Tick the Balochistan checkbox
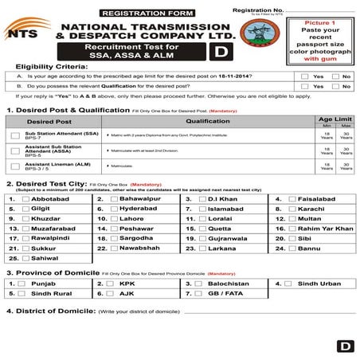pyautogui.click(x=202, y=283)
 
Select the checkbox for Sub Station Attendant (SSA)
pyautogui.click(x=15, y=136)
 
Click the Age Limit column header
pyautogui.click(x=335, y=117)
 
